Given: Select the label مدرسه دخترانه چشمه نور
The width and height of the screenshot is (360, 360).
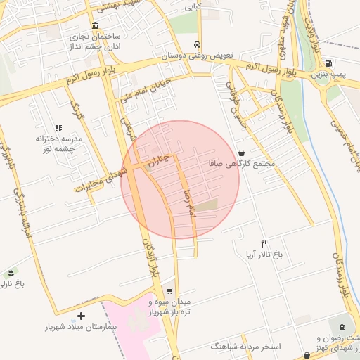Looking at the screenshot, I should (x=59, y=143).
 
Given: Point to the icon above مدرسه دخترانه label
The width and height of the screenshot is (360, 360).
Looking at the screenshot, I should (x=58, y=128).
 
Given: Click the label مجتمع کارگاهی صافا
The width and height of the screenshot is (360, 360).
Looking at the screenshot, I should (x=241, y=164).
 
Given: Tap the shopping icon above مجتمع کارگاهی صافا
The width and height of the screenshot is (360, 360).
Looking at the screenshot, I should (x=241, y=153).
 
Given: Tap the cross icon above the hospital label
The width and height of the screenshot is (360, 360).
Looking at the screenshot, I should (x=81, y=316).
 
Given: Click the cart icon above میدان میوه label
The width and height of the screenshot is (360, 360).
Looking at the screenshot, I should (x=169, y=291).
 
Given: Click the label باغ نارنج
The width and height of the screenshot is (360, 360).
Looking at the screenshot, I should (x=12, y=284).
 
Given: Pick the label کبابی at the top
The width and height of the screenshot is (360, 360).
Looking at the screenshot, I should (x=193, y=8).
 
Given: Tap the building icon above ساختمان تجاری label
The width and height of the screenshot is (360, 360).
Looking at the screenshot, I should (x=95, y=25).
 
